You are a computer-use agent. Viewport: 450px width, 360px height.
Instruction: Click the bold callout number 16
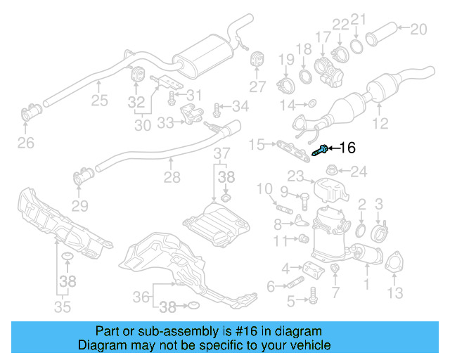coord(348,148)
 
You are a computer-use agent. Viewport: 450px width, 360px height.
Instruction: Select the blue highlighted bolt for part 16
coord(323,148)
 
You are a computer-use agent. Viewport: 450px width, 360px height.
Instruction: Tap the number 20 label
coord(418,29)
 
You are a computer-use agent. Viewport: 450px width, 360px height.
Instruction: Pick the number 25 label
coord(99,101)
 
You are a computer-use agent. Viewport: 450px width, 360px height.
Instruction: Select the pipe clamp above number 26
coord(32,112)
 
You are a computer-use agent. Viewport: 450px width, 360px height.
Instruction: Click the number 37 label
coord(221,153)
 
